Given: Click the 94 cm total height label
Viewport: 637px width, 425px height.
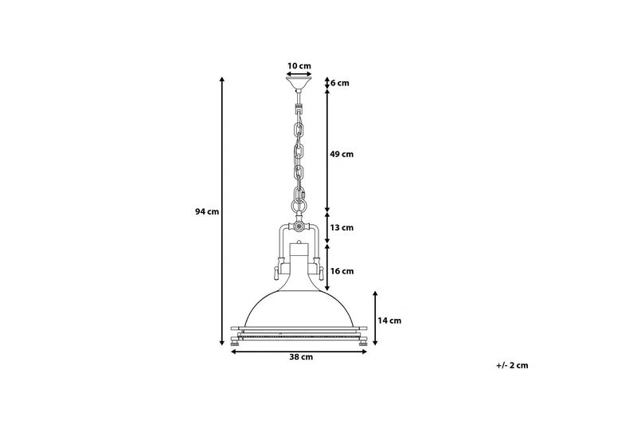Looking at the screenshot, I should tap(206, 212).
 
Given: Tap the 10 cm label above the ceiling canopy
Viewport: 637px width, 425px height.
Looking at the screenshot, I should tap(299, 65).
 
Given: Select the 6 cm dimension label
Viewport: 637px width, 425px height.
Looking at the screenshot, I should tap(340, 83).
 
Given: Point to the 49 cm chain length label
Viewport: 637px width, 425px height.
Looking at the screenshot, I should tap(342, 154).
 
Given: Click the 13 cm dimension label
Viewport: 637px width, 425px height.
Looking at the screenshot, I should tap(342, 228).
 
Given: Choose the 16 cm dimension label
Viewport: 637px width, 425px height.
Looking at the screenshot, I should tap(342, 271).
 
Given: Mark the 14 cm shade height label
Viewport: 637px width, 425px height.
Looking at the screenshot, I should tap(389, 321).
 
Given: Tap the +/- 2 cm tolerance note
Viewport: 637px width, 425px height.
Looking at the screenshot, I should tap(511, 365).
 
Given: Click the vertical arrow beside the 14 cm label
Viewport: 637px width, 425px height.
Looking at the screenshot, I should tap(375, 319).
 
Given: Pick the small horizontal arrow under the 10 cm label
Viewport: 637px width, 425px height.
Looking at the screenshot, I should tap(299, 73).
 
